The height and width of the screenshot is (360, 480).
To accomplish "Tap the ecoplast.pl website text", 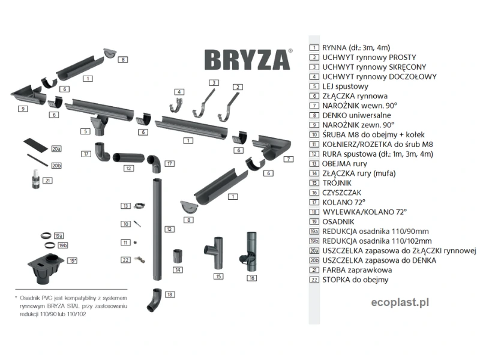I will click(393, 302).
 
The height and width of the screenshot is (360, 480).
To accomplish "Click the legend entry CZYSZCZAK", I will click(340, 192).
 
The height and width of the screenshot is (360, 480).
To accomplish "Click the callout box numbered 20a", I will click(56, 148).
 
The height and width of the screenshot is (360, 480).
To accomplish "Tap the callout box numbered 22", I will click(125, 260).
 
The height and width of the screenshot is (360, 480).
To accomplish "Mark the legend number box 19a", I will click(313, 231).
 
